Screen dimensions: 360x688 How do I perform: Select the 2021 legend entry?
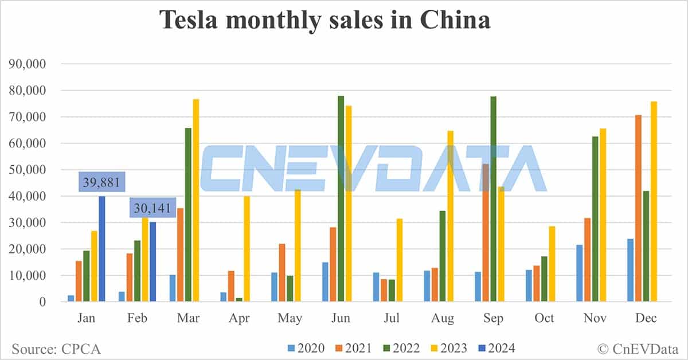coord(351,348)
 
